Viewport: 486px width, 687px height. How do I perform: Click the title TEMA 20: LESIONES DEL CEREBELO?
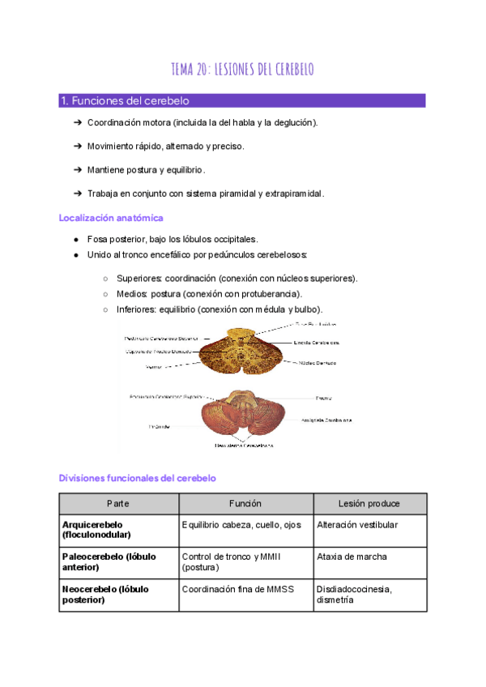coord(243,70)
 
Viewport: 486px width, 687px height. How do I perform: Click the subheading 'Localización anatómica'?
coord(111,218)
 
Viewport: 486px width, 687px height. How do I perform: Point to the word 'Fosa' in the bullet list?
coord(97,240)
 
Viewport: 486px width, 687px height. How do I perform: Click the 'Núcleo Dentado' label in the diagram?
coord(318,363)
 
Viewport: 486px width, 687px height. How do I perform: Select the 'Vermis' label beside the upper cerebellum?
coord(154,367)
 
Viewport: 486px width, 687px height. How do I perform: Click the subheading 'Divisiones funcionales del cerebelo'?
coord(137,479)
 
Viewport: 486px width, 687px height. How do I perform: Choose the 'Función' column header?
coord(245,504)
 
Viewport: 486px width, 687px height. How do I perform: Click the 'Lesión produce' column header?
coord(369,504)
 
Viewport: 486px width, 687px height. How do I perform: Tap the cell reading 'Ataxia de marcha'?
coord(352,557)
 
